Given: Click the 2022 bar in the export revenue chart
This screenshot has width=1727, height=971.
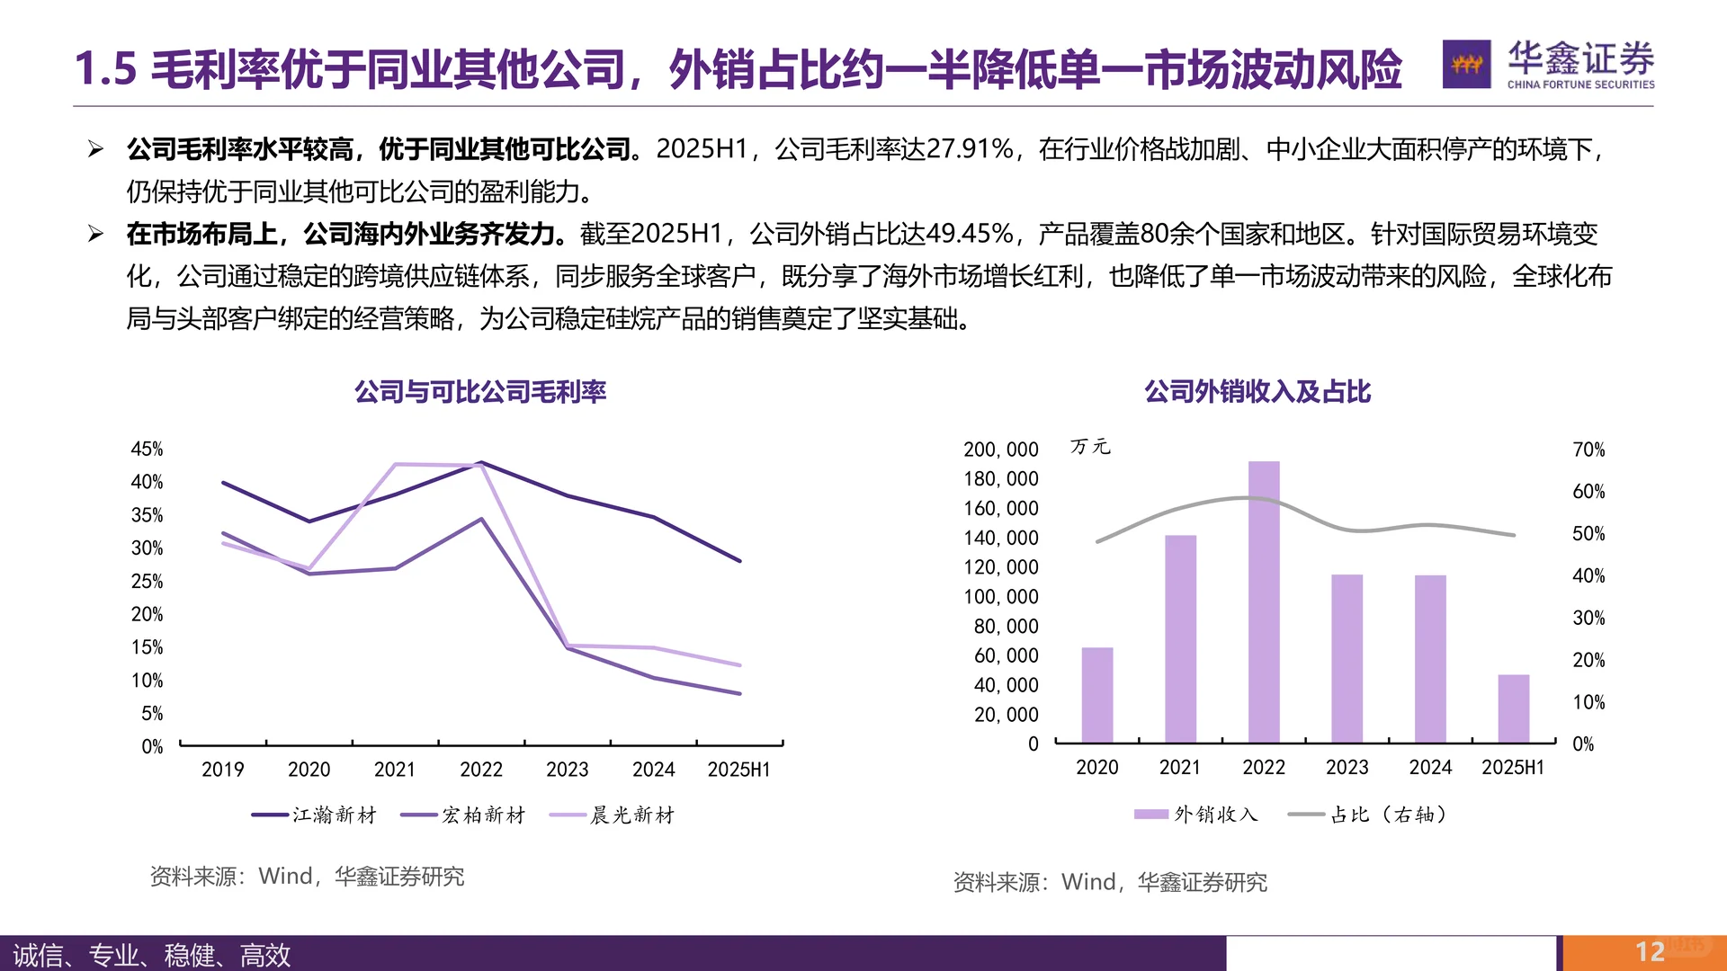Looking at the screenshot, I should pyautogui.click(x=1264, y=602).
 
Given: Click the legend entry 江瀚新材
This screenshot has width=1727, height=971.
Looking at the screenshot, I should pyautogui.click(x=315, y=815).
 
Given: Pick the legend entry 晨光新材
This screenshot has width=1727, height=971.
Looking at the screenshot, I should pyautogui.click(x=613, y=815).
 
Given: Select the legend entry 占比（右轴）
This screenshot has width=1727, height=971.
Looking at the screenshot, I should pyautogui.click(x=1368, y=815).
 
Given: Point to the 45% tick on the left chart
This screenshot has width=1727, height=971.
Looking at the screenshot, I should pyautogui.click(x=147, y=449).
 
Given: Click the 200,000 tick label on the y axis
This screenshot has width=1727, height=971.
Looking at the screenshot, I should pyautogui.click(x=1000, y=449).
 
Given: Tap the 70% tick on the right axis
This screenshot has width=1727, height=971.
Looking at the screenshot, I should pyautogui.click(x=1588, y=449).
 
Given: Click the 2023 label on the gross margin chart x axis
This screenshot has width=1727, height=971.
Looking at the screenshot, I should pyautogui.click(x=567, y=770).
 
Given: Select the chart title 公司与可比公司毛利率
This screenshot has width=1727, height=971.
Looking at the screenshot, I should pyautogui.click(x=480, y=392).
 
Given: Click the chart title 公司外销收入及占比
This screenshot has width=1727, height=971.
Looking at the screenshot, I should pyautogui.click(x=1257, y=392).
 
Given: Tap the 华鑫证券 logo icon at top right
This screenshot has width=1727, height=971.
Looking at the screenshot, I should pyautogui.click(x=1466, y=64).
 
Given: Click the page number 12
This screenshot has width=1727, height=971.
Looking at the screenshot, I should pyautogui.click(x=1649, y=952).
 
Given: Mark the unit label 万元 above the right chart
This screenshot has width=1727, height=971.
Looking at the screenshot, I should pyautogui.click(x=1090, y=447).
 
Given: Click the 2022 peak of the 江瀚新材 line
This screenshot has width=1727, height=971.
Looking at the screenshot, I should pyautogui.click(x=481, y=463).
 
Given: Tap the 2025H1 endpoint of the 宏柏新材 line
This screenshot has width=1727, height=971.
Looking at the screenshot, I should pyautogui.click(x=739, y=693).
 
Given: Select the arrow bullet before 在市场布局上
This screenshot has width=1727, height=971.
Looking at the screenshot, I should pyautogui.click(x=96, y=234).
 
